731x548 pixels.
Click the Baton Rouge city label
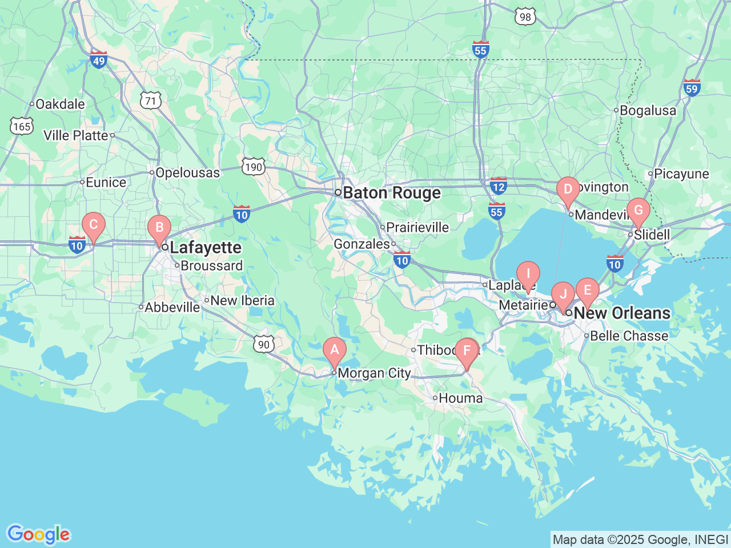coord(392,193)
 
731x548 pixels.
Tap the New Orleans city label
coord(622,313)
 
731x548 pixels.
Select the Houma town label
coord(460,398)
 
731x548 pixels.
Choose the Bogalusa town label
coord(648,110)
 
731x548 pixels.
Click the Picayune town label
coord(681,174)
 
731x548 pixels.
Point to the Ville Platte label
coord(76,135)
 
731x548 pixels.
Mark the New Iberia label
coord(242,300)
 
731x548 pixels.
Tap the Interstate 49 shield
coord(99,59)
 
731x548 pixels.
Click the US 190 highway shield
coord(253,167)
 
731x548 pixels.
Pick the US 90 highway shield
coord(263,344)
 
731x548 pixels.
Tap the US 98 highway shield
coord(525,17)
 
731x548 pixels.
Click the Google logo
coord(38,534)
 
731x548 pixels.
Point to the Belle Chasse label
coord(629,336)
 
